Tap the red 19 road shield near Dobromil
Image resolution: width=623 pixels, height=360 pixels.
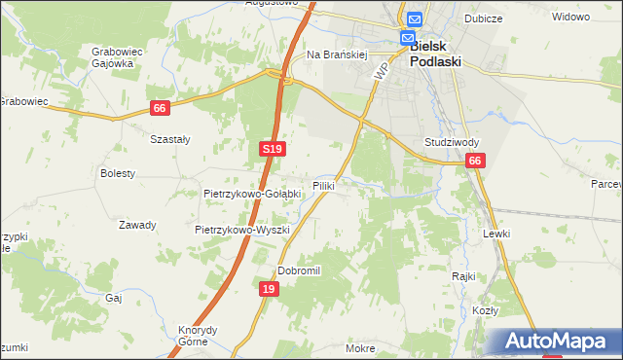tap(269, 289)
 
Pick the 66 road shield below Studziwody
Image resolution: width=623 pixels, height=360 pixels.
tap(474, 161)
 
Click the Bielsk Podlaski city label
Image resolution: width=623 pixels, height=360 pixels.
tap(435, 53)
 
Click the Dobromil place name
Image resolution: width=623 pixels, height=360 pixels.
tap(299, 270)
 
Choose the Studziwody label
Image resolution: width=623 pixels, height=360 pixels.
tap(450, 142)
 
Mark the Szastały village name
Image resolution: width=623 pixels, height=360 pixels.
tap(169, 139)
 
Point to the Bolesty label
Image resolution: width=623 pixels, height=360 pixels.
tap(118, 173)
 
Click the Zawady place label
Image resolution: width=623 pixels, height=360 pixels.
tap(137, 225)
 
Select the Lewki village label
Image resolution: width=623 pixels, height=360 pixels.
tap(496, 234)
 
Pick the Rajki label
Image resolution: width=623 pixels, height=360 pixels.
tap(462, 275)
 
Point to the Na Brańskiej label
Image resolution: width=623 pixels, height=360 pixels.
tap(335, 55)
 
